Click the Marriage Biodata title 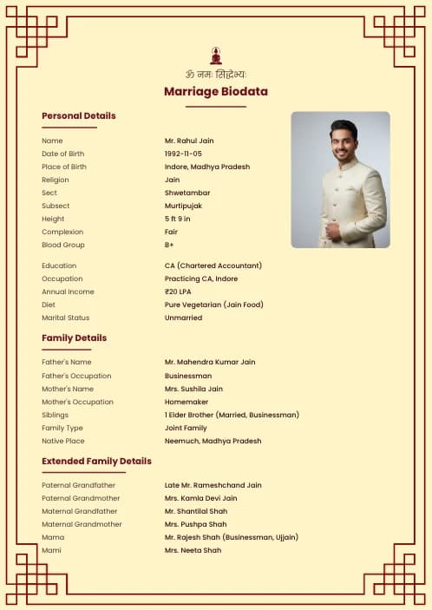point(215,91)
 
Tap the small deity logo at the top point(215,55)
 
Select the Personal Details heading point(78,115)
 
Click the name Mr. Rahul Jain point(189,141)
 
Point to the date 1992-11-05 point(183,154)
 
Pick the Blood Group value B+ point(170,245)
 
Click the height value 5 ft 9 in point(177,219)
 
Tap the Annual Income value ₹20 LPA point(179,292)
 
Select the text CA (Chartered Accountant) point(213,266)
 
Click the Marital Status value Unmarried point(183,318)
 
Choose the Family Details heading point(74,338)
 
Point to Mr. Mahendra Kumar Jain point(210,362)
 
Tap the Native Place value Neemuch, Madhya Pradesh point(213,441)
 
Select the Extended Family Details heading point(96,461)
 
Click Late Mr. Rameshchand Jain point(213,485)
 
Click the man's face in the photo point(344,142)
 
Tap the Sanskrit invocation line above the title point(215,74)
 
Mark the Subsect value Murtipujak point(184,206)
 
